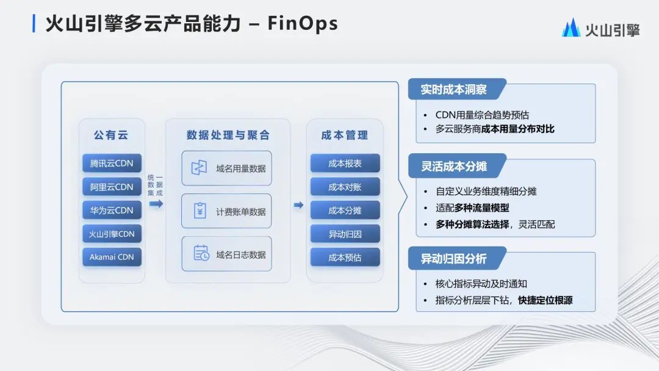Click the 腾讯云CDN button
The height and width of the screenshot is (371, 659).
click(112, 163)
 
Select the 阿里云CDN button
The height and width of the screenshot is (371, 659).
click(112, 187)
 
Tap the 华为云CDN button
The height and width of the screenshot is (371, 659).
click(112, 210)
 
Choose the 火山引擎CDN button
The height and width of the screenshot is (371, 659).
click(112, 234)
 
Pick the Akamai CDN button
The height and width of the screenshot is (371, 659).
click(112, 257)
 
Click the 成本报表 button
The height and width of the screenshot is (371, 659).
click(345, 163)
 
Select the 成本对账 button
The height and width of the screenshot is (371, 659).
click(345, 187)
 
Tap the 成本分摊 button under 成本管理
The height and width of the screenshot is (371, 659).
click(345, 210)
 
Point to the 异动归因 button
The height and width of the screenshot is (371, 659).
click(345, 234)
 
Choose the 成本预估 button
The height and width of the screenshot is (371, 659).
click(345, 257)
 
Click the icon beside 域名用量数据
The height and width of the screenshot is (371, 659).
click(199, 168)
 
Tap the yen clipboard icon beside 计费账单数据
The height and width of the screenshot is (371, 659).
click(200, 211)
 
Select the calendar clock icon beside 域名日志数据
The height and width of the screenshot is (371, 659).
click(201, 253)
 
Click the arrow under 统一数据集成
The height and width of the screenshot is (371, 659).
click(156, 204)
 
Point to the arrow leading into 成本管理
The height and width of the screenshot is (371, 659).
click(298, 205)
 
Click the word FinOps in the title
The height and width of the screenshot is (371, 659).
click(303, 24)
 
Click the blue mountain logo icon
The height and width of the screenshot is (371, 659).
click(571, 28)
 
